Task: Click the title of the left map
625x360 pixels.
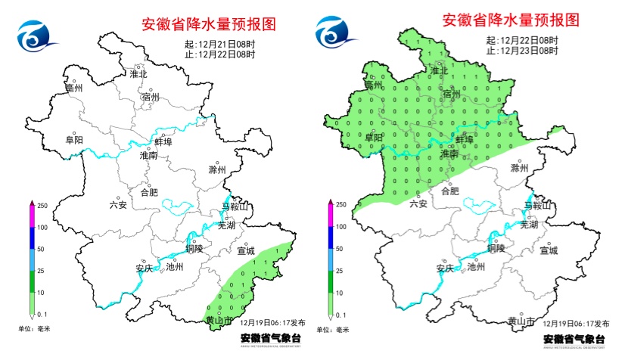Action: (209, 24)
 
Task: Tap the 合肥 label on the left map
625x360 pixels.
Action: (149, 192)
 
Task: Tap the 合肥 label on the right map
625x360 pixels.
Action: (449, 191)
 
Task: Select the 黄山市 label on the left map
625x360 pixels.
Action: (219, 321)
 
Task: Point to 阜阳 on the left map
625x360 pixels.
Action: (74, 140)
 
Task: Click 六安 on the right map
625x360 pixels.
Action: (418, 203)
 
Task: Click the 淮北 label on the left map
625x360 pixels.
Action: (139, 74)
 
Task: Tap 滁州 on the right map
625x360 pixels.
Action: (519, 168)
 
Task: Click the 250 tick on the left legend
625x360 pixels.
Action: (43, 205)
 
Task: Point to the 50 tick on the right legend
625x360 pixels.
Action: (341, 248)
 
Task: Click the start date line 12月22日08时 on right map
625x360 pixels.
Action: (521, 41)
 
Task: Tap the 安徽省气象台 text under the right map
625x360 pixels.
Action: (574, 339)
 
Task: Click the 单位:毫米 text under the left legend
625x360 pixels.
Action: (35, 329)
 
